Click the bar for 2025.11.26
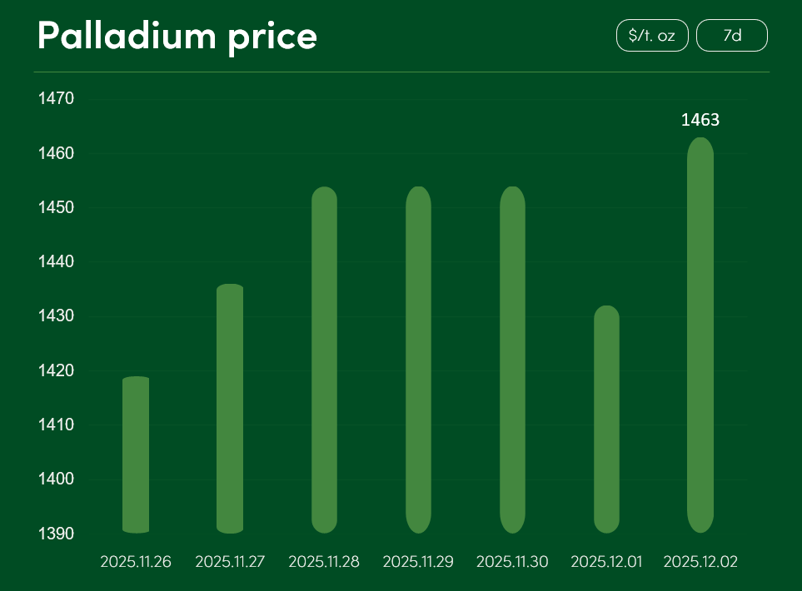(x=136, y=454)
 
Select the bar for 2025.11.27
(x=230, y=408)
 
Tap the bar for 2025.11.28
(x=324, y=360)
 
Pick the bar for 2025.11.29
(x=418, y=360)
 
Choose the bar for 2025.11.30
(x=512, y=360)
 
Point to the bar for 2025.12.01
(x=606, y=419)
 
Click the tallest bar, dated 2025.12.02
(x=700, y=335)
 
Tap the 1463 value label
(x=700, y=120)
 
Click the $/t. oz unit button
(x=652, y=36)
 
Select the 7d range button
(x=732, y=36)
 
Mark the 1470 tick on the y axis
(x=57, y=99)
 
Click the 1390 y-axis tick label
(x=57, y=533)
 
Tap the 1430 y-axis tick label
(x=57, y=316)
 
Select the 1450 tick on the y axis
(x=57, y=207)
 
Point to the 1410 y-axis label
(x=57, y=425)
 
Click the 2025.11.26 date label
(x=136, y=562)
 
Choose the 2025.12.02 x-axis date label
(x=700, y=562)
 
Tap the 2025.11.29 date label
(x=418, y=562)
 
